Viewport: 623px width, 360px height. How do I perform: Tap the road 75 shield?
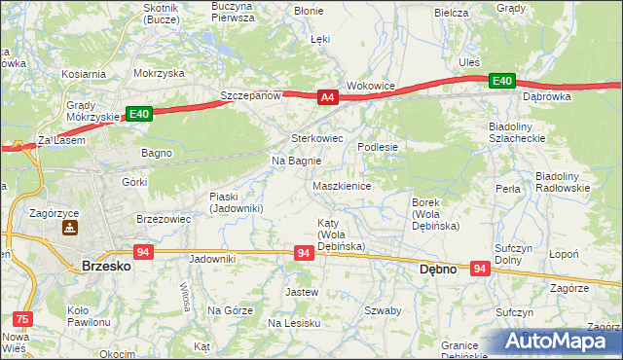(x=23, y=317)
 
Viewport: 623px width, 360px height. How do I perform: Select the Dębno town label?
(x=437, y=270)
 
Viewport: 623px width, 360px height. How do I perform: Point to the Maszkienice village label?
(x=341, y=186)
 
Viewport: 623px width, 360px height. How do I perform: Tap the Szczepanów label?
(x=250, y=95)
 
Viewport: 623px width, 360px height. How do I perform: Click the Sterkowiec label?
(x=318, y=138)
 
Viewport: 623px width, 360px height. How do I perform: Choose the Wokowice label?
(x=371, y=86)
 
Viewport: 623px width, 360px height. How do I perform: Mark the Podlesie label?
(x=378, y=146)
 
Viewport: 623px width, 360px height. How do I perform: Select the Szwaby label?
(x=383, y=310)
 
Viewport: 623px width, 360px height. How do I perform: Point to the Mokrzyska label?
(x=160, y=73)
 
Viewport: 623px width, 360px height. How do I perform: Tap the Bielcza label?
(x=452, y=14)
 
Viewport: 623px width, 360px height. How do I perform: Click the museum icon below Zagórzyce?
(x=70, y=229)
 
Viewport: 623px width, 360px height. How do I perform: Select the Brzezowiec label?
(x=163, y=219)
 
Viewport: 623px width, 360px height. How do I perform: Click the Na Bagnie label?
(x=296, y=161)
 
